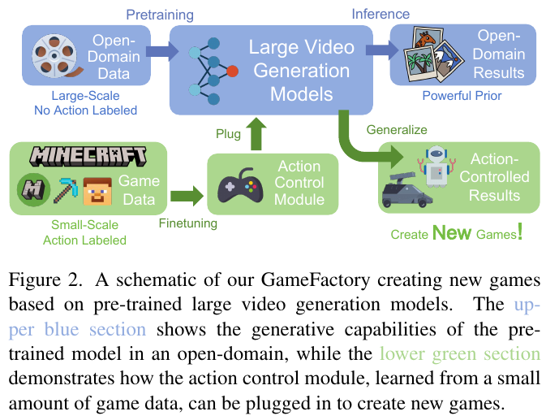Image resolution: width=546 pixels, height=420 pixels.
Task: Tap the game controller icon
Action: click(241, 186)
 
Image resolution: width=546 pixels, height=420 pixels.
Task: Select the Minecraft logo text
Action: click(88, 155)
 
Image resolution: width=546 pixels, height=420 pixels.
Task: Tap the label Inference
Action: click(380, 14)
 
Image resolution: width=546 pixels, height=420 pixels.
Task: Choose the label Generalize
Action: click(397, 129)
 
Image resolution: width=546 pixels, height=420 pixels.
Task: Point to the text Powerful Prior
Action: click(462, 96)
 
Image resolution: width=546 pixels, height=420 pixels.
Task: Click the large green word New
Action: click(453, 233)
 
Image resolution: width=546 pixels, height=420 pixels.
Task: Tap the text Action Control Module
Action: click(300, 183)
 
